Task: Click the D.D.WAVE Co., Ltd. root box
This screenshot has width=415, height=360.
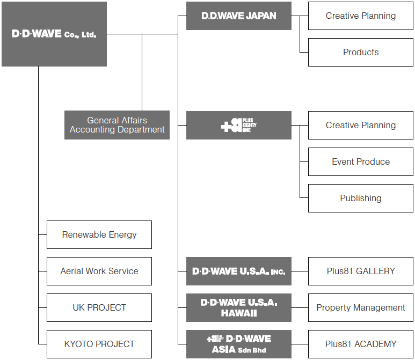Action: (x=54, y=34)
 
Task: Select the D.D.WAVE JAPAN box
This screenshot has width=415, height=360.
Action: (x=238, y=16)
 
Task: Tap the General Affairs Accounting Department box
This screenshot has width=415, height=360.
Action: (x=117, y=125)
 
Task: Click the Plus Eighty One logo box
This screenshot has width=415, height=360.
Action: (x=238, y=125)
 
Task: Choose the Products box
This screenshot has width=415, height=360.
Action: (x=360, y=52)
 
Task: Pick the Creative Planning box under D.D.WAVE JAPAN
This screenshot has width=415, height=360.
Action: (x=360, y=16)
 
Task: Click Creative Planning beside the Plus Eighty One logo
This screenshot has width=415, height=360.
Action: (x=360, y=125)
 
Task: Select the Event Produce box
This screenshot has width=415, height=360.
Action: (x=360, y=161)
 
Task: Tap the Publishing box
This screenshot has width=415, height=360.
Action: (x=360, y=198)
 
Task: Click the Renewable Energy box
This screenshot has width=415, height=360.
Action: (x=99, y=234)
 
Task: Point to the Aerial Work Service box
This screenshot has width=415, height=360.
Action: (x=99, y=271)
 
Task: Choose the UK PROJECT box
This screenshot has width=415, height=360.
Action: (x=99, y=307)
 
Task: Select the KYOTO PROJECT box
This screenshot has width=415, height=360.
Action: (x=99, y=344)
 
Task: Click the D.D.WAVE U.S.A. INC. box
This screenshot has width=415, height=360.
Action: (x=238, y=271)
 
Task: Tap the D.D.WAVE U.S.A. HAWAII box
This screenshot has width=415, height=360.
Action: (x=238, y=307)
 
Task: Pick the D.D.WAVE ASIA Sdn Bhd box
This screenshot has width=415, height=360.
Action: (x=238, y=344)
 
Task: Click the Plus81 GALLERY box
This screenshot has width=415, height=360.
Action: (x=360, y=271)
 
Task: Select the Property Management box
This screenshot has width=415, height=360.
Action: (x=360, y=307)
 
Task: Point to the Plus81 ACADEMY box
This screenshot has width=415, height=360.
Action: (x=360, y=344)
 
